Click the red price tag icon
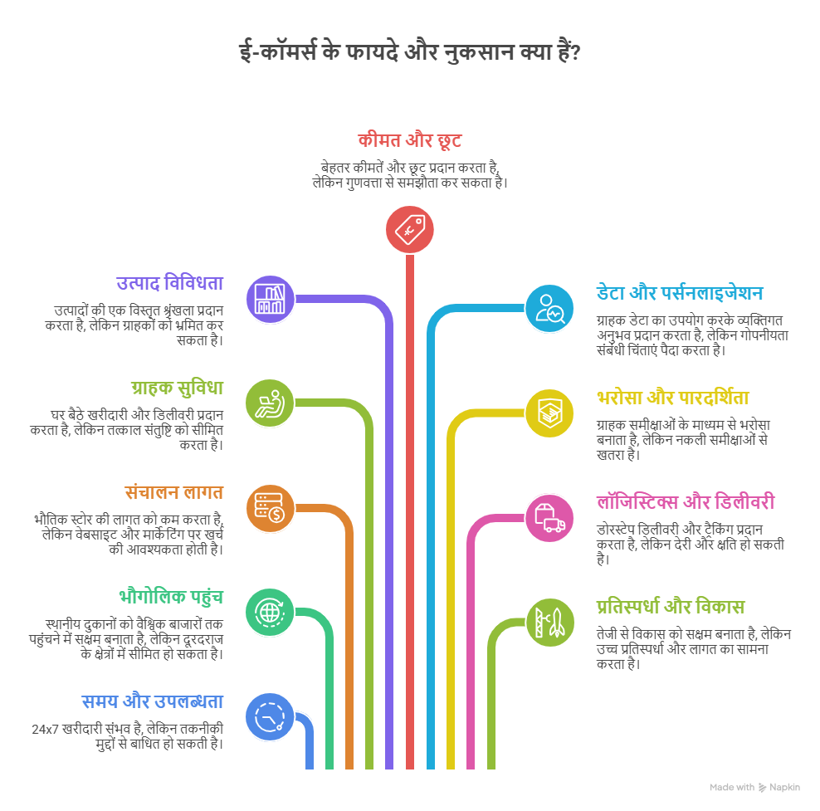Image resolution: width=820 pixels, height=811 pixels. point(409,230)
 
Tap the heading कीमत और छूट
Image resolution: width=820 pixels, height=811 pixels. point(409,140)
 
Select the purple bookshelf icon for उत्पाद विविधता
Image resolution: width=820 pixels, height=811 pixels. point(270,299)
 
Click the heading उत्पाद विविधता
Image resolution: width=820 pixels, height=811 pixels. point(170,283)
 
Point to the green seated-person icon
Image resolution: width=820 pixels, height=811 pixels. point(270,403)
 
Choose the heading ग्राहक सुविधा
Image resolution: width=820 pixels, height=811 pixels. point(178,388)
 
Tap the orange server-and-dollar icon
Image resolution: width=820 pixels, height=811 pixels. point(270,508)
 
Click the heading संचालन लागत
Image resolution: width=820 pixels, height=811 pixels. point(174,492)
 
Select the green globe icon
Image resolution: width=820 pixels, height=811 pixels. point(270,613)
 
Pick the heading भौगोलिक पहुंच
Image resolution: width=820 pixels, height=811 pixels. point(171,597)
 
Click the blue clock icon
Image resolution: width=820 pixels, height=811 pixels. point(270,717)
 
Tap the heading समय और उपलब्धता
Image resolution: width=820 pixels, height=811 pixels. point(153,701)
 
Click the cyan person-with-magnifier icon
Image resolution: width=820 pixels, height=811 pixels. point(549,309)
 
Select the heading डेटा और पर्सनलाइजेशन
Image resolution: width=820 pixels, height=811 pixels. point(680,293)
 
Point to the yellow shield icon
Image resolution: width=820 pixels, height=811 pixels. point(549,413)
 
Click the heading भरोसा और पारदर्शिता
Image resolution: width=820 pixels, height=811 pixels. point(673,398)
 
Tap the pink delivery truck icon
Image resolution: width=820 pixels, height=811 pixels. point(549,518)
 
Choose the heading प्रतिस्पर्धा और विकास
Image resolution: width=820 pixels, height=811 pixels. point(671,607)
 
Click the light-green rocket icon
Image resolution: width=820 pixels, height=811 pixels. point(549,623)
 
